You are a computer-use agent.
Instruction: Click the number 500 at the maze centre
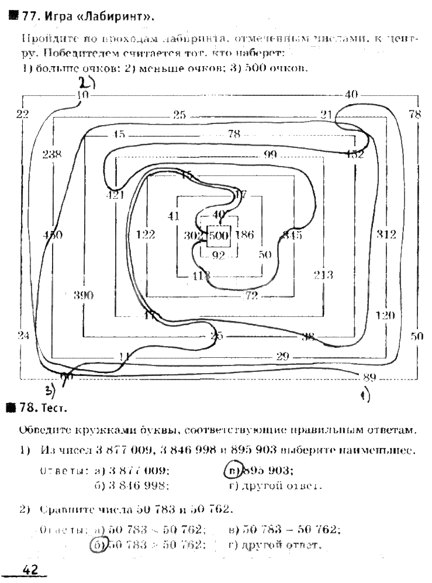219,236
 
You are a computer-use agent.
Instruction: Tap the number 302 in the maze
192,236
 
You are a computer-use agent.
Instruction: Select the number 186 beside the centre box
246,236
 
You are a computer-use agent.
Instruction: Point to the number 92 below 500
219,255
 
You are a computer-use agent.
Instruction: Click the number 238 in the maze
52,154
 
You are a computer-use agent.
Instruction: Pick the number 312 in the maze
386,234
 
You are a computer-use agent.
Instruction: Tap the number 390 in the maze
84,295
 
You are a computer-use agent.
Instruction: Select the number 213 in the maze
323,275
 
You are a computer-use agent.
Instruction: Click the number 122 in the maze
145,234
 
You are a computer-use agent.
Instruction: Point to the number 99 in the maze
269,154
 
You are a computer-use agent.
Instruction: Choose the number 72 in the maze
251,296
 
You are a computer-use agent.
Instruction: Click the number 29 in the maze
283,356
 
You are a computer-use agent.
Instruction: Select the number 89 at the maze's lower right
369,377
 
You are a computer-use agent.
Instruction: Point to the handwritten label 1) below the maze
365,396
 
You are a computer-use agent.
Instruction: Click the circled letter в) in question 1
233,470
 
